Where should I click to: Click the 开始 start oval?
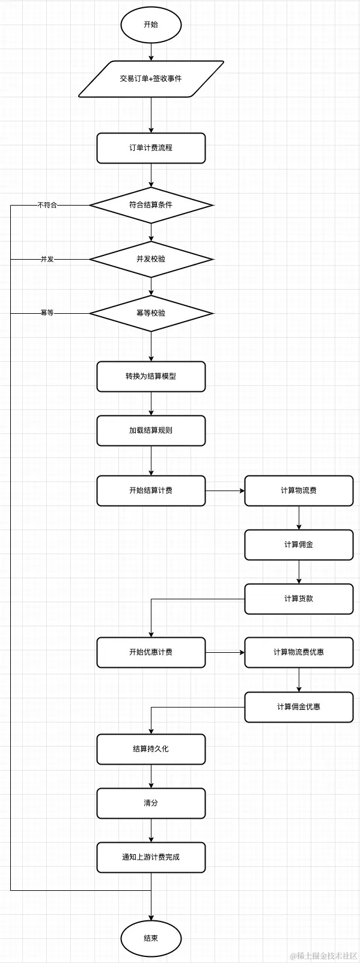point(151,25)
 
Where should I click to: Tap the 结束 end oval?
point(151,938)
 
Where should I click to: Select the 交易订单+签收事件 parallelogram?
point(151,79)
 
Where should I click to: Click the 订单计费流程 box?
point(151,148)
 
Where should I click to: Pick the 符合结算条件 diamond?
point(151,205)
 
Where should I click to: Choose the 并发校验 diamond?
point(151,259)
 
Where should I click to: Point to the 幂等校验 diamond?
point(151,313)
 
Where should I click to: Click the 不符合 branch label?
point(47,205)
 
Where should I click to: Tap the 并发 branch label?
point(47,259)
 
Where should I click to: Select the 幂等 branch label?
point(47,313)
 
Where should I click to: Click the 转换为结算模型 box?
point(151,376)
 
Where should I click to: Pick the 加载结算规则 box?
point(151,430)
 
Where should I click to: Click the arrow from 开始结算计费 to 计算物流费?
point(225,491)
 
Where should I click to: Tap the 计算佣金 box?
point(299,545)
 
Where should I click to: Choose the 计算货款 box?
point(299,599)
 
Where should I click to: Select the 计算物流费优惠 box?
point(299,652)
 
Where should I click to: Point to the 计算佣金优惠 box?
point(299,707)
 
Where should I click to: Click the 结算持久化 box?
point(151,749)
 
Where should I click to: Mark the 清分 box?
point(151,803)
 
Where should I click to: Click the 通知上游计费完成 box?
point(151,857)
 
